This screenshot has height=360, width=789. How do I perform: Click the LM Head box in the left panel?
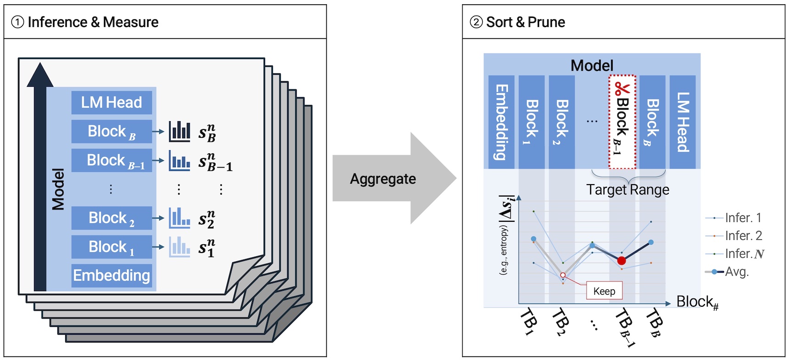pyautogui.click(x=112, y=102)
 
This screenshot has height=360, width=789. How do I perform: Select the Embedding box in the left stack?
pyautogui.click(x=112, y=276)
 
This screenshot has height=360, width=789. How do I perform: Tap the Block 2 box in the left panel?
pyautogui.click(x=112, y=218)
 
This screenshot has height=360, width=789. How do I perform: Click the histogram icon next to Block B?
pyautogui.click(x=179, y=131)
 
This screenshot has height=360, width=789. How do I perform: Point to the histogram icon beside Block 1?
pyautogui.click(x=179, y=247)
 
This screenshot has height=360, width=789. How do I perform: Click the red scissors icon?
pyautogui.click(x=622, y=88)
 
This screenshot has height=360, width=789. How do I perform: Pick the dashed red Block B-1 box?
pyautogui.click(x=622, y=122)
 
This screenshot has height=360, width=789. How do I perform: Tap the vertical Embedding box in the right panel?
pyautogui.click(x=501, y=122)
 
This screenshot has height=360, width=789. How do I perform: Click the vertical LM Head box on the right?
pyautogui.click(x=683, y=122)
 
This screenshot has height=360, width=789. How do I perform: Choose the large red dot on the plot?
pyautogui.click(x=621, y=261)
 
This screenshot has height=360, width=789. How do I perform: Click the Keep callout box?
pyautogui.click(x=604, y=291)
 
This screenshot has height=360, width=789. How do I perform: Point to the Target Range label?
pyautogui.click(x=627, y=190)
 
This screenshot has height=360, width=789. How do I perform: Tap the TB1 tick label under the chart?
pyautogui.click(x=528, y=322)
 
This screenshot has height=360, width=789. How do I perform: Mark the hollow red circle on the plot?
pyautogui.click(x=563, y=275)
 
